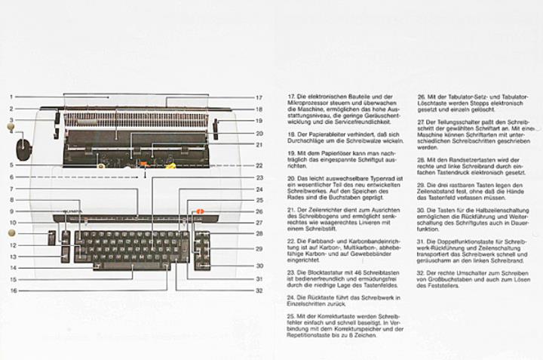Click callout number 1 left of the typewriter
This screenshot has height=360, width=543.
(11, 97)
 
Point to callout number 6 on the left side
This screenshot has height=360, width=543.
(11, 177)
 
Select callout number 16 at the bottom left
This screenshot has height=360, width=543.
(12, 290)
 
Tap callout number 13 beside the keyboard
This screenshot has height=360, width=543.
(12, 257)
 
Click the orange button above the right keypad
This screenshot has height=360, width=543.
(200, 212)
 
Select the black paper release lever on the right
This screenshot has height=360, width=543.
(215, 128)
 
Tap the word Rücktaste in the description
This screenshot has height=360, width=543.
(314, 297)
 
